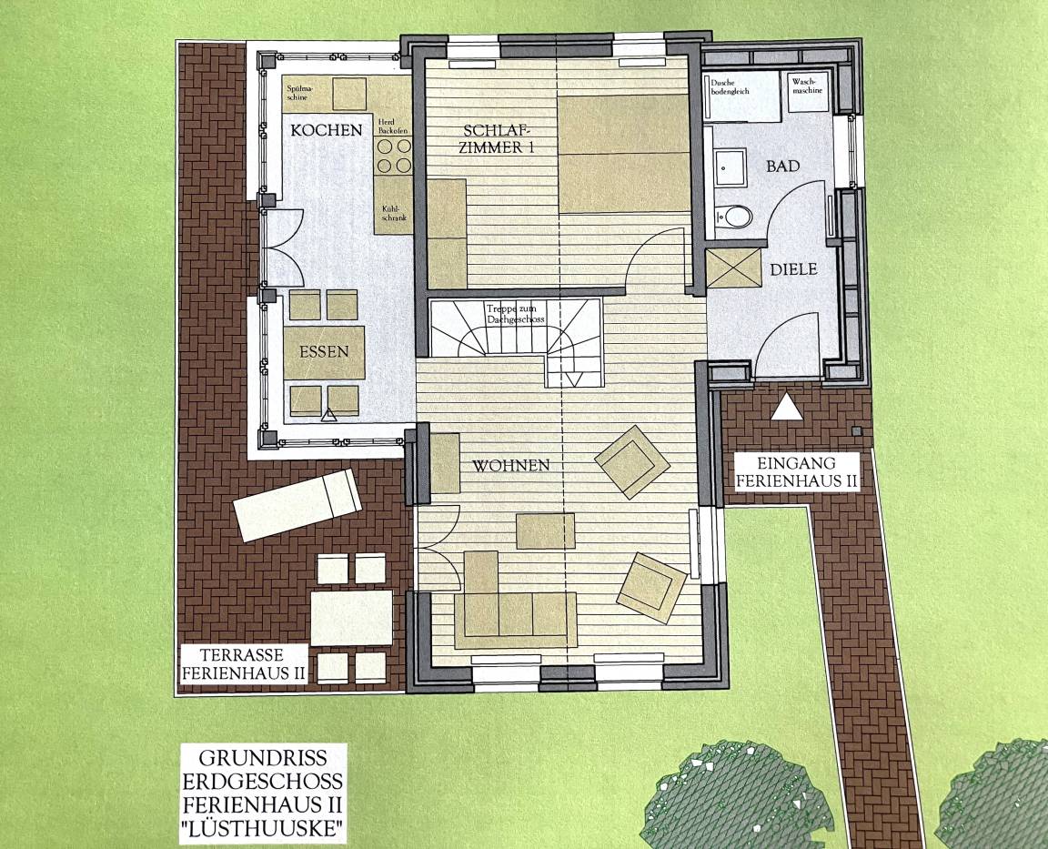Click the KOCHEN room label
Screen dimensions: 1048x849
click(x=327, y=130)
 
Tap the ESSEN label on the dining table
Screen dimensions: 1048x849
click(x=324, y=351)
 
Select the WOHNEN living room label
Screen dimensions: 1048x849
click(x=511, y=465)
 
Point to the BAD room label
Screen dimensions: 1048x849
click(x=782, y=165)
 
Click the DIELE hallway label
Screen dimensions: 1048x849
click(x=793, y=269)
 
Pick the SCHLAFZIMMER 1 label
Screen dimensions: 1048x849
click(x=497, y=139)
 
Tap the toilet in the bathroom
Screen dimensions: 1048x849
click(x=731, y=216)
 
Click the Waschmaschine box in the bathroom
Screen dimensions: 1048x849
click(x=808, y=92)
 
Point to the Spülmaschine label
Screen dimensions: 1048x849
click(x=299, y=92)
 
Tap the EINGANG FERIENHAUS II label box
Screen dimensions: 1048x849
click(x=797, y=471)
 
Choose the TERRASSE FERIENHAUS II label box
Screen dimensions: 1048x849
click(x=244, y=663)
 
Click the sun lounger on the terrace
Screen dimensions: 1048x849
click(x=297, y=505)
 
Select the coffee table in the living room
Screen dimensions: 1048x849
click(x=546, y=531)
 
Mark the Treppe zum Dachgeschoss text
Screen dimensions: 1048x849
click(x=515, y=314)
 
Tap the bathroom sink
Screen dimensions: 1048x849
click(x=730, y=167)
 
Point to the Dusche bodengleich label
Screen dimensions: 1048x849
click(x=730, y=86)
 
